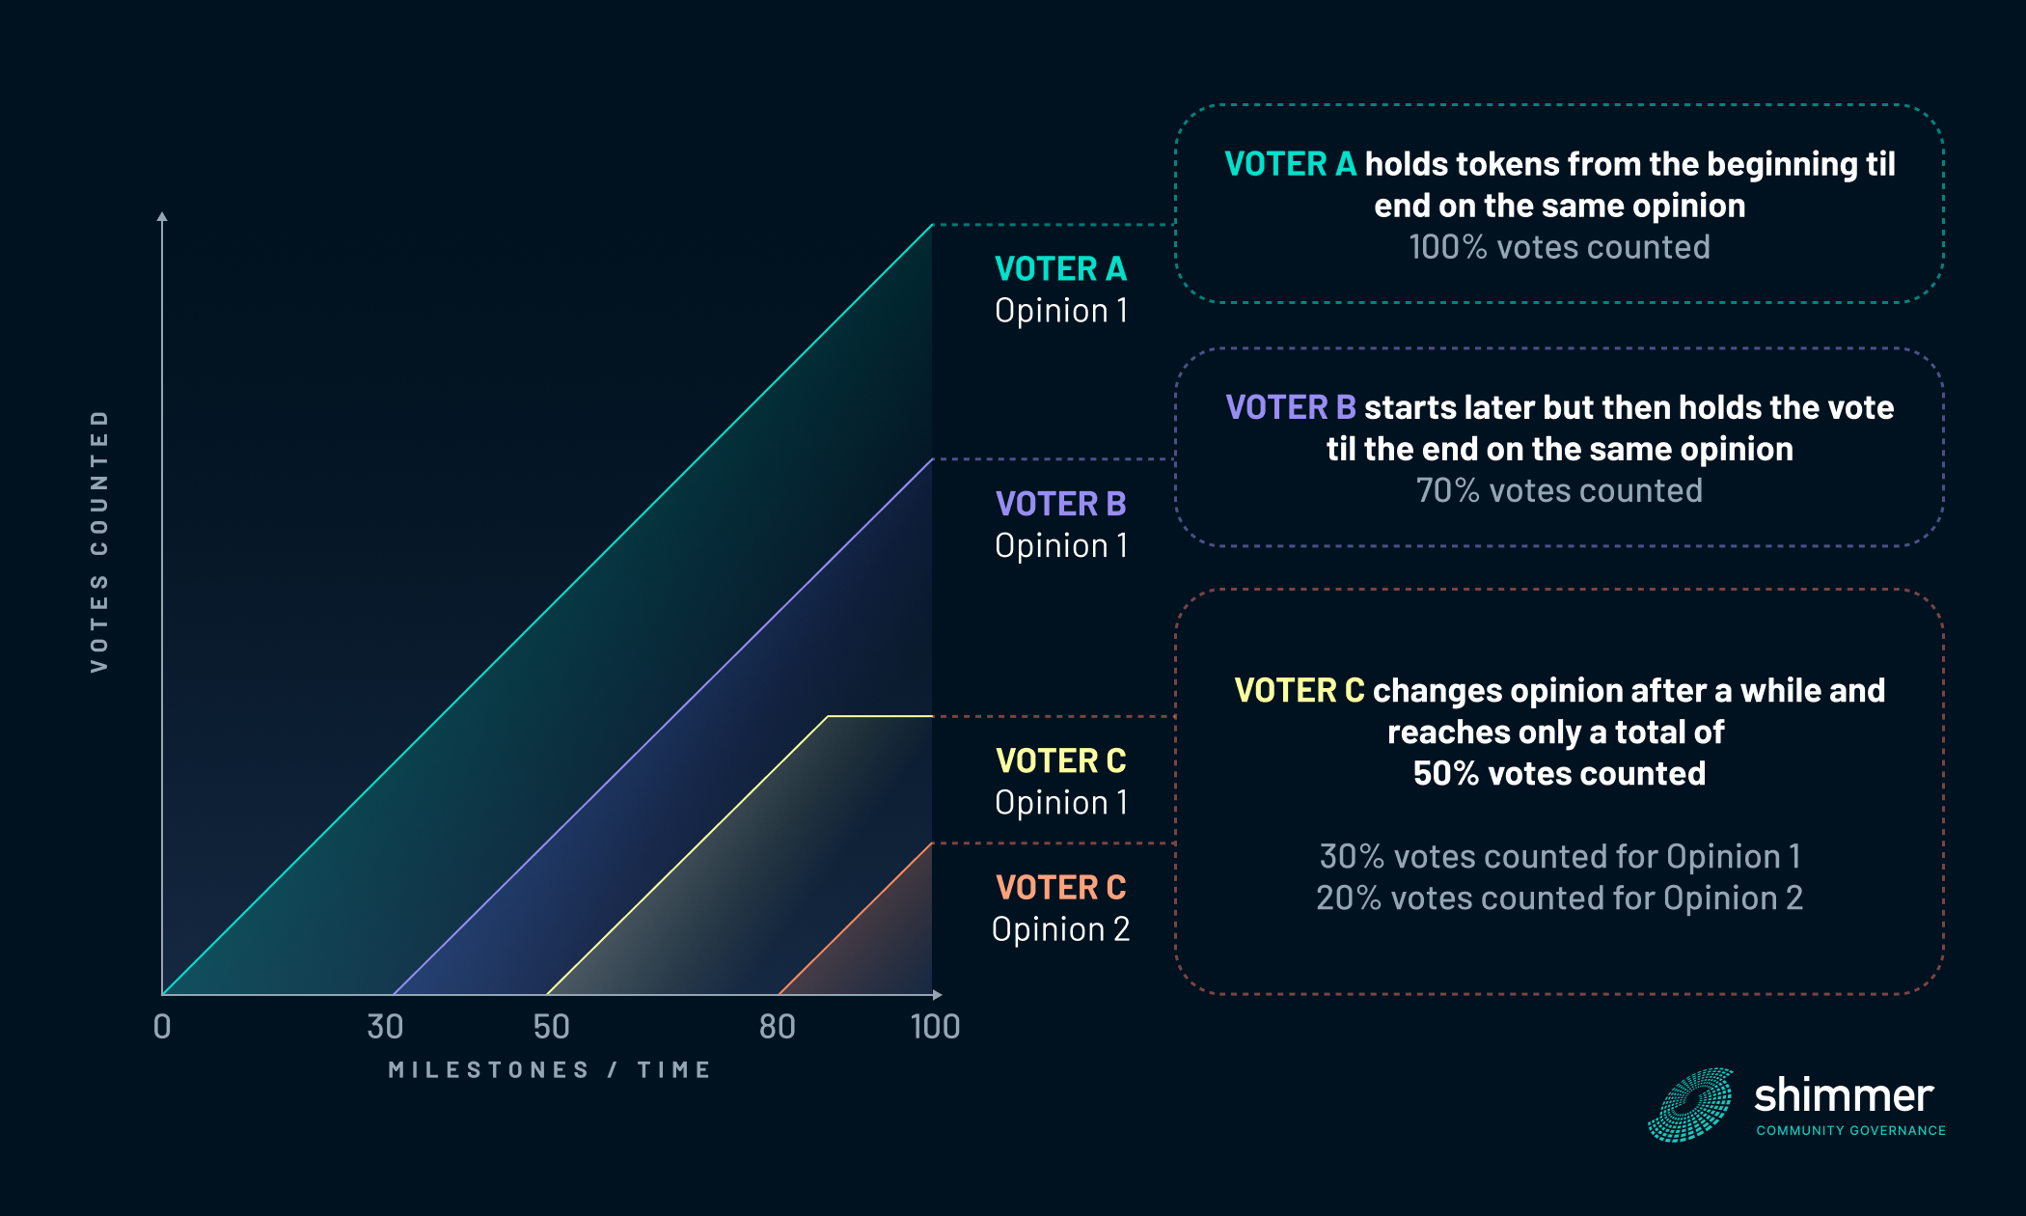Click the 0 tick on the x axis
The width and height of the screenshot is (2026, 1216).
(162, 1027)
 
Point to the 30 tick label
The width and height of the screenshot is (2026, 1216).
(385, 1027)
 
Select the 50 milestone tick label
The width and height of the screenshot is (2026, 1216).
(551, 1027)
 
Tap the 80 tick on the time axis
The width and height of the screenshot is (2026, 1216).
(777, 1027)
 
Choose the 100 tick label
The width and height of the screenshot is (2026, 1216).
(935, 1027)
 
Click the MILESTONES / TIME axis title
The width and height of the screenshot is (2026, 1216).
(550, 1070)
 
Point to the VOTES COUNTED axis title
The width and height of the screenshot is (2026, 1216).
(99, 540)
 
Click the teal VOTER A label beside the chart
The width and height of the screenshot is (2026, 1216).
(1060, 268)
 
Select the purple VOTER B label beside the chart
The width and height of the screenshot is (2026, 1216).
(1060, 504)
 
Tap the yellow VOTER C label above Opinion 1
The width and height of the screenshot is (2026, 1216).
(1060, 760)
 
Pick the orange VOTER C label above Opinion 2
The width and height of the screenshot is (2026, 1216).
(1060, 887)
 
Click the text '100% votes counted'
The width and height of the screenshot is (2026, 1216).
(1559, 247)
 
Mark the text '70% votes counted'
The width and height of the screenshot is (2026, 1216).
(1559, 490)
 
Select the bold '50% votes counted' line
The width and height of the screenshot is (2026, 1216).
(1559, 773)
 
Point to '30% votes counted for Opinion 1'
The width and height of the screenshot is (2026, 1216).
(1559, 856)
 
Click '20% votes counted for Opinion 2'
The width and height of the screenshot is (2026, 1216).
(1559, 898)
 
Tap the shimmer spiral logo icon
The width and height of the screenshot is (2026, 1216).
(1691, 1105)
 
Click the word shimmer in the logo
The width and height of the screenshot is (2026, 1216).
(1843, 1096)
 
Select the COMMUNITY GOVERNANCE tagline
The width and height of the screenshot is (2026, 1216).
(1850, 1130)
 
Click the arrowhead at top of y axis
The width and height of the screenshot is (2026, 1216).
(162, 216)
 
